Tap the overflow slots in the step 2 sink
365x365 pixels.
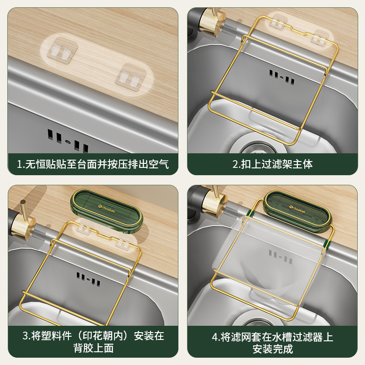point(281,78)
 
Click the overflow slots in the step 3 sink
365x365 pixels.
point(89,279)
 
